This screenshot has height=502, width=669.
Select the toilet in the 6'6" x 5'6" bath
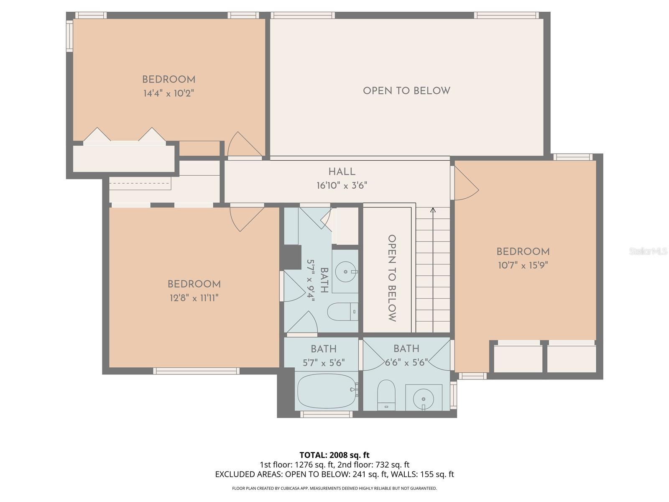coord(386,394)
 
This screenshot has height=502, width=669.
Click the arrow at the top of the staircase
coord(433,210)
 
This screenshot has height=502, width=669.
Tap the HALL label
coord(342,172)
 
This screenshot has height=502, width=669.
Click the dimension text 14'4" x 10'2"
coord(169,93)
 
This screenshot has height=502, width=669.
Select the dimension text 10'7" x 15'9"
coord(523,265)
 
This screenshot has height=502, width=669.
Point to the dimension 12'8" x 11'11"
coord(194,298)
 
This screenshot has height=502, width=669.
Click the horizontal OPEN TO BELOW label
coord(406,91)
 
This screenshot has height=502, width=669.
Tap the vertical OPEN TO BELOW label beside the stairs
coord(392,278)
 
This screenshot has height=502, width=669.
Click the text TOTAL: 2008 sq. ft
coord(334,455)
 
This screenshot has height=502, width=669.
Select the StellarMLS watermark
coord(648,251)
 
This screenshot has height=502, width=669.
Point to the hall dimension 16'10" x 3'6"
coord(342,185)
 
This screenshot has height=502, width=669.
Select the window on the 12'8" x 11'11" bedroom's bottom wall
coord(196,371)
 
